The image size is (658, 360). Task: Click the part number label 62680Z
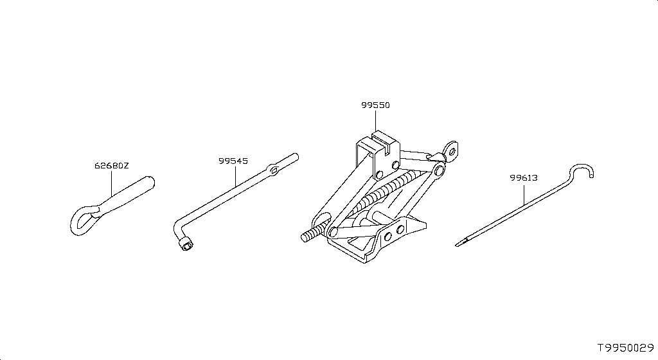(x=111, y=165)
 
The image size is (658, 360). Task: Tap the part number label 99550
(x=375, y=105)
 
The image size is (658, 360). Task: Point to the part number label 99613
(x=524, y=178)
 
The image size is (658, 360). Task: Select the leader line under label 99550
(x=375, y=121)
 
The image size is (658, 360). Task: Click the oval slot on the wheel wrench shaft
(x=274, y=170)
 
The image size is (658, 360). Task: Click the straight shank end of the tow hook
(x=149, y=183)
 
